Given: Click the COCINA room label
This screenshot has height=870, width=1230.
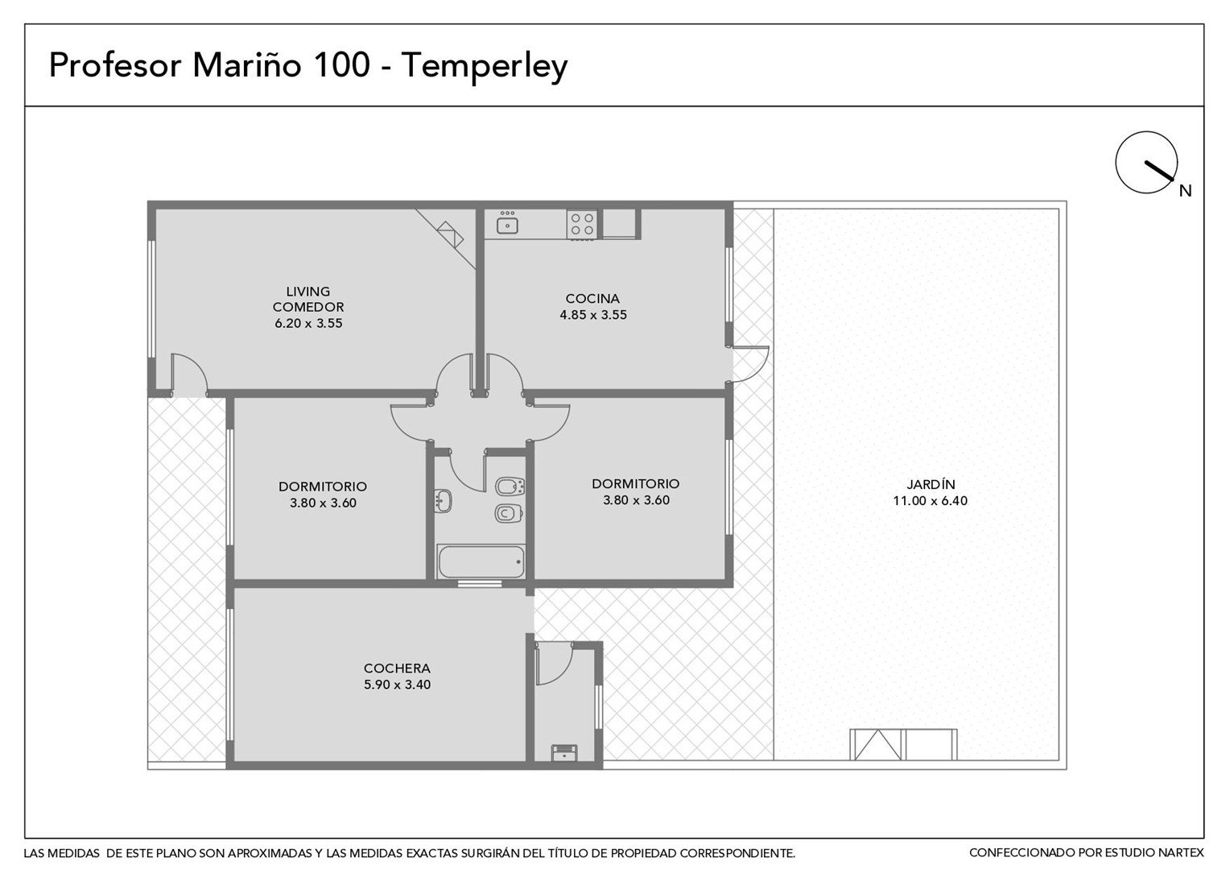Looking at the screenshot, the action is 592,298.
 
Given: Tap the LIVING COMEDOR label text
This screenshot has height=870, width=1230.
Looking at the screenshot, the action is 308,299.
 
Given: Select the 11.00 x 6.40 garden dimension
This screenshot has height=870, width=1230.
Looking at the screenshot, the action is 931,501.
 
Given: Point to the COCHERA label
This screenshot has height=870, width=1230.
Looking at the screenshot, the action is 397,669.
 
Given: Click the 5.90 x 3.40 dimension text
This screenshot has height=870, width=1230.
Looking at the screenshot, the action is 397,685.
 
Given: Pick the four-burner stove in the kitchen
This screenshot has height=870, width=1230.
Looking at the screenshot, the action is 582,224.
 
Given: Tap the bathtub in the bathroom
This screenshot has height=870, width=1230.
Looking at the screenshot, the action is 481,561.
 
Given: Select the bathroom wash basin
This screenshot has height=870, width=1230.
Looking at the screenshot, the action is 443,501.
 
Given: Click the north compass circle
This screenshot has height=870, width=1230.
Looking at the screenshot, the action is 1146,162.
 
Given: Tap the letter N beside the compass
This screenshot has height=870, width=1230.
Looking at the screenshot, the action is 1186,191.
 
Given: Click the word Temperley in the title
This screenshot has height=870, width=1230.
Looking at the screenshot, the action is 485,67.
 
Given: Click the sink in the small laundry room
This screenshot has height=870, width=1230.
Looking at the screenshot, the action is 564,752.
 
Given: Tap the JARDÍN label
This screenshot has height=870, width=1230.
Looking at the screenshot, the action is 931,483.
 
